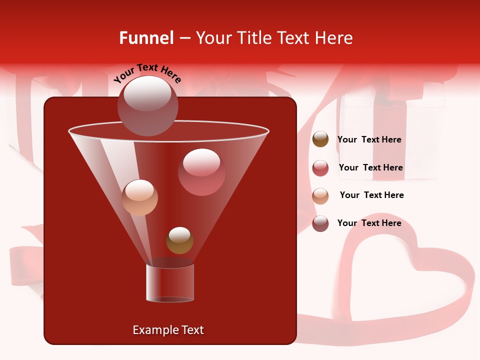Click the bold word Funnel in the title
(146, 38)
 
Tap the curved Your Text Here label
(147, 73)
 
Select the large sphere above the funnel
(148, 105)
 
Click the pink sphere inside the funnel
(201, 172)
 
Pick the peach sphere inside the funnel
(139, 197)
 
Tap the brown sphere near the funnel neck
(179, 240)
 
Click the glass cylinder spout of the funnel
(170, 282)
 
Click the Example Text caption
(168, 330)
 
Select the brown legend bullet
(320, 139)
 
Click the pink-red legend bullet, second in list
(320, 168)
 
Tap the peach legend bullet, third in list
(320, 195)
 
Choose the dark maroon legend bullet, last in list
(320, 223)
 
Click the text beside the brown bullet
(369, 139)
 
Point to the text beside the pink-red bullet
(370, 167)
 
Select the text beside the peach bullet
(371, 195)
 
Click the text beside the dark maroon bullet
(369, 223)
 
